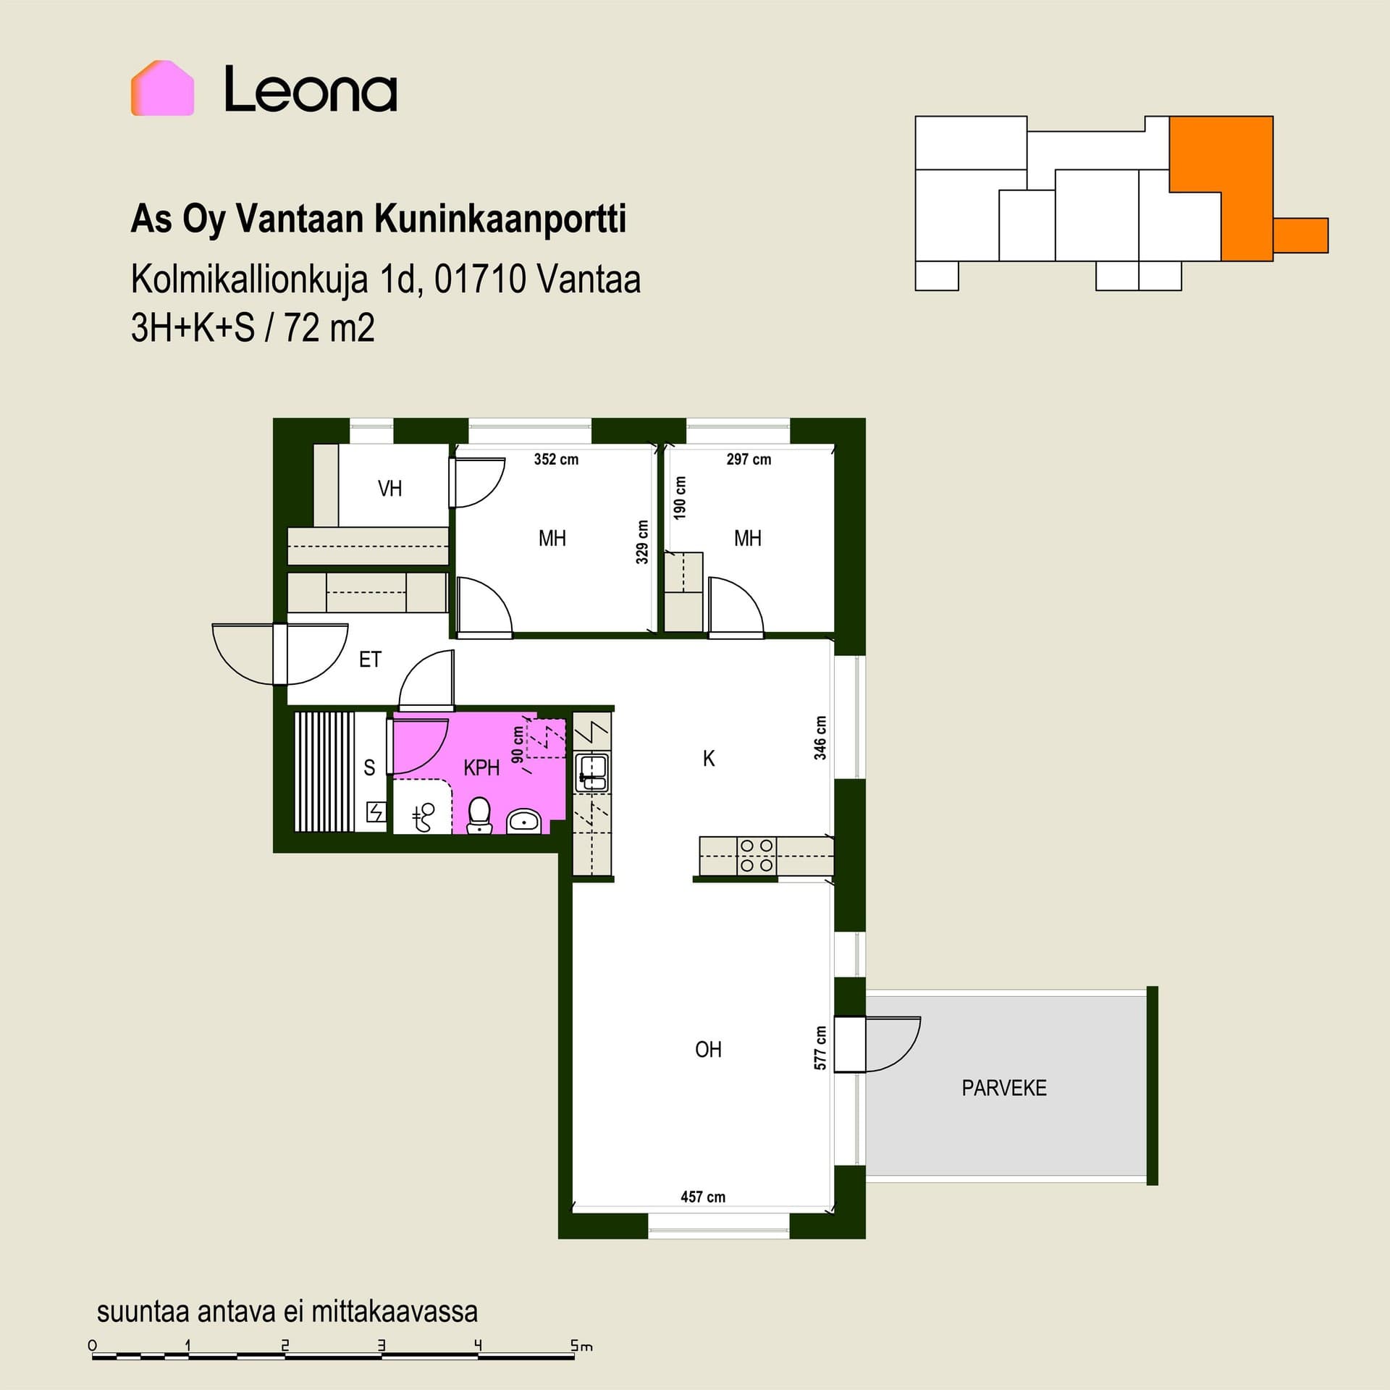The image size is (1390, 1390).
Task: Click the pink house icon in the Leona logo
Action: (162, 88)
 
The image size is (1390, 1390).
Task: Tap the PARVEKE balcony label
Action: (1003, 1088)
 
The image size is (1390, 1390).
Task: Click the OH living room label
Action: (708, 1050)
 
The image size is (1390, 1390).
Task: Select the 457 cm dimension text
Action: (702, 1197)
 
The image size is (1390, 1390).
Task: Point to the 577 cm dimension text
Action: (820, 1048)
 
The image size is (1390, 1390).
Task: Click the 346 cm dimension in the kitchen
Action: (820, 738)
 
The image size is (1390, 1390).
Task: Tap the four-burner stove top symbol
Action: (757, 856)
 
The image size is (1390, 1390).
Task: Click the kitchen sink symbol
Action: (592, 772)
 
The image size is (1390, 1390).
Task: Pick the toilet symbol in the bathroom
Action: (479, 816)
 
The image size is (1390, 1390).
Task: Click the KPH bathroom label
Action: (481, 767)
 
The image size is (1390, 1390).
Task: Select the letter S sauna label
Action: (369, 767)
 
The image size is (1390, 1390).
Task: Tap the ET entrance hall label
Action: (370, 660)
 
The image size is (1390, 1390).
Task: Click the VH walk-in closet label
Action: (389, 489)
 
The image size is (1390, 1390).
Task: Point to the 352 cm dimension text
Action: (556, 459)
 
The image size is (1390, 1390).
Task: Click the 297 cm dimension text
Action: (749, 459)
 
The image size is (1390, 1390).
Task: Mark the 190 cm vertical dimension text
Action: (679, 497)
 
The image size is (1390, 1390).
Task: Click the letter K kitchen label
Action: (709, 758)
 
